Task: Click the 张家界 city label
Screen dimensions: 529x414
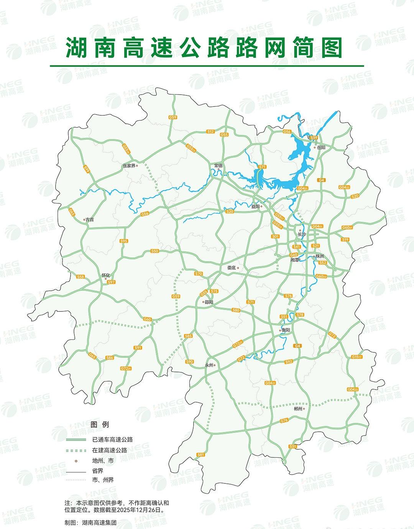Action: pyautogui.click(x=129, y=166)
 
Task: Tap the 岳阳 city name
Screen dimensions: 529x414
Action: pyautogui.click(x=321, y=147)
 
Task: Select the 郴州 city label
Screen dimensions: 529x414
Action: pyautogui.click(x=298, y=409)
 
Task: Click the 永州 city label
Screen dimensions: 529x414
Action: pyautogui.click(x=209, y=365)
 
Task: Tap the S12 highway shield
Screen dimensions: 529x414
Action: pyautogui.click(x=210, y=132)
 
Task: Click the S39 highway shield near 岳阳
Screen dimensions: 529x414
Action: pyautogui.click(x=314, y=138)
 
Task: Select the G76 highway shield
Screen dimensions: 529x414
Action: pyautogui.click(x=284, y=421)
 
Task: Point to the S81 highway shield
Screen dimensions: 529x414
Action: pyautogui.click(x=200, y=454)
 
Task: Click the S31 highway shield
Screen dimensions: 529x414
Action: pyautogui.click(x=293, y=447)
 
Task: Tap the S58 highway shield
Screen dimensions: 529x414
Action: pyautogui.click(x=80, y=277)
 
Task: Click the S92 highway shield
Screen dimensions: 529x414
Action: pyautogui.click(x=289, y=361)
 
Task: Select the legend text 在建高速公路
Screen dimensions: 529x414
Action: pyautogui.click(x=109, y=450)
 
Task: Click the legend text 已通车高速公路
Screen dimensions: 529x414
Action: pyautogui.click(x=112, y=439)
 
